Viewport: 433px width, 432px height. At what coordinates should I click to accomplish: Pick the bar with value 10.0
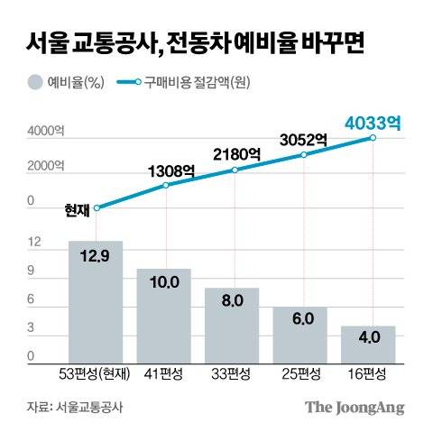(163, 316)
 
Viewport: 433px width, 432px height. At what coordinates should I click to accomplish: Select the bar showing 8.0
(232, 326)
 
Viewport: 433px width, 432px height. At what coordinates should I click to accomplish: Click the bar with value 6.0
(299, 335)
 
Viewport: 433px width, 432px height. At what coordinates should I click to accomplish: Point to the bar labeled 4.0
(368, 344)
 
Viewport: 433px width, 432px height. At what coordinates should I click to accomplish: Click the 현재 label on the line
(77, 209)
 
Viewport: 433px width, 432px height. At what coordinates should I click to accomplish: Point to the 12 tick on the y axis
(35, 243)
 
